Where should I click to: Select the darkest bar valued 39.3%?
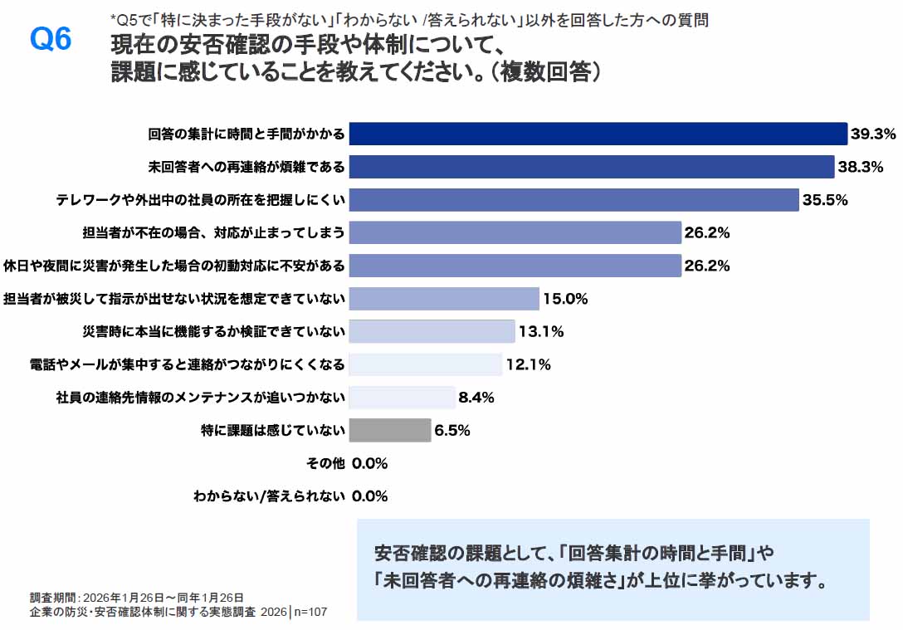coord(598,134)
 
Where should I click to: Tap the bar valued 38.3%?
coord(591,167)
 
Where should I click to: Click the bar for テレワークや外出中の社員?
coord(574,199)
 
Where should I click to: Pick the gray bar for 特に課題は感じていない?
coord(390,430)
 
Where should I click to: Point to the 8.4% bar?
coord(402,398)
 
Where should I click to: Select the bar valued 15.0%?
coord(444,298)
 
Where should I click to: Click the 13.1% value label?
coord(541,332)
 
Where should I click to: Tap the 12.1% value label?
coord(529,364)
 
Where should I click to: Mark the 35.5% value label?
coord(825,199)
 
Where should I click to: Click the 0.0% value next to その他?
coord(369,463)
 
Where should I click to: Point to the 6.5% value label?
coord(452,430)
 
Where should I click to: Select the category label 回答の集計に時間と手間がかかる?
coord(246,134)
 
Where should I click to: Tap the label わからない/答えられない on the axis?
coord(269,496)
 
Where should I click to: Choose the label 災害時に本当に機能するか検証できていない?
coord(213,332)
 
